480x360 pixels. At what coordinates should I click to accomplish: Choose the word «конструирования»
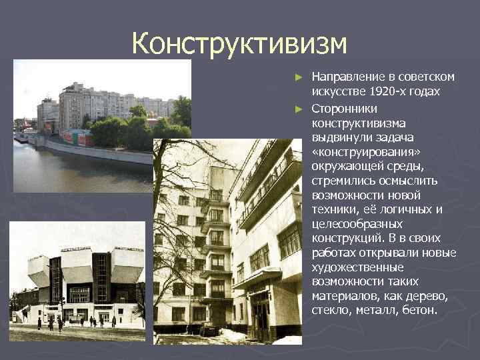pos(357,151)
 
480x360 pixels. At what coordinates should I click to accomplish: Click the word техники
pos(335,209)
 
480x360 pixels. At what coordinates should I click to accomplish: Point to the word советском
pos(422,77)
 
